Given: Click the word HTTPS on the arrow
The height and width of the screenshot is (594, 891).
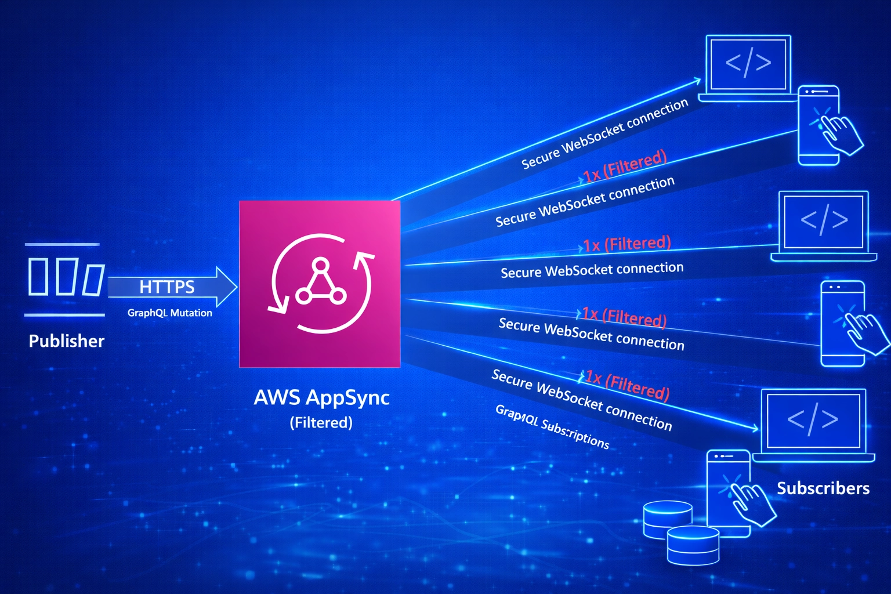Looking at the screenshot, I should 166,287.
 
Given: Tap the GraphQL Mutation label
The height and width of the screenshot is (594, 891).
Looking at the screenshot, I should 169,313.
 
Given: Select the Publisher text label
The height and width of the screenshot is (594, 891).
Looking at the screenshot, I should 66,341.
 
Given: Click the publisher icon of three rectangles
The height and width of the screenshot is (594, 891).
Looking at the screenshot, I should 65,278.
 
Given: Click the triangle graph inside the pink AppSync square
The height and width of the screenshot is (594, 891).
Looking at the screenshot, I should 320,284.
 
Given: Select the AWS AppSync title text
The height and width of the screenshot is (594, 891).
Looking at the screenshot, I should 321,397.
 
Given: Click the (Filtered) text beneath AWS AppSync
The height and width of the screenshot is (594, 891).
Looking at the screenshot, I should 321,422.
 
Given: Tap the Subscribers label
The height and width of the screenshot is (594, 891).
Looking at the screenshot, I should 823,488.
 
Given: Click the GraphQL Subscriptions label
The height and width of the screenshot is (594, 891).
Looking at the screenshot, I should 552,427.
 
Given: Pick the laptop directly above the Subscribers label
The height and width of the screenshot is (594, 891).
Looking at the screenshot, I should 813,423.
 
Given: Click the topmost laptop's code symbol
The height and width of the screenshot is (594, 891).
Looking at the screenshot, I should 748,63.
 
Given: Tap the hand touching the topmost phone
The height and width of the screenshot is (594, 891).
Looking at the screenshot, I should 841,133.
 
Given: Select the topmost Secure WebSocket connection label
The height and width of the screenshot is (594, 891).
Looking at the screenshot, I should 604,133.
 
